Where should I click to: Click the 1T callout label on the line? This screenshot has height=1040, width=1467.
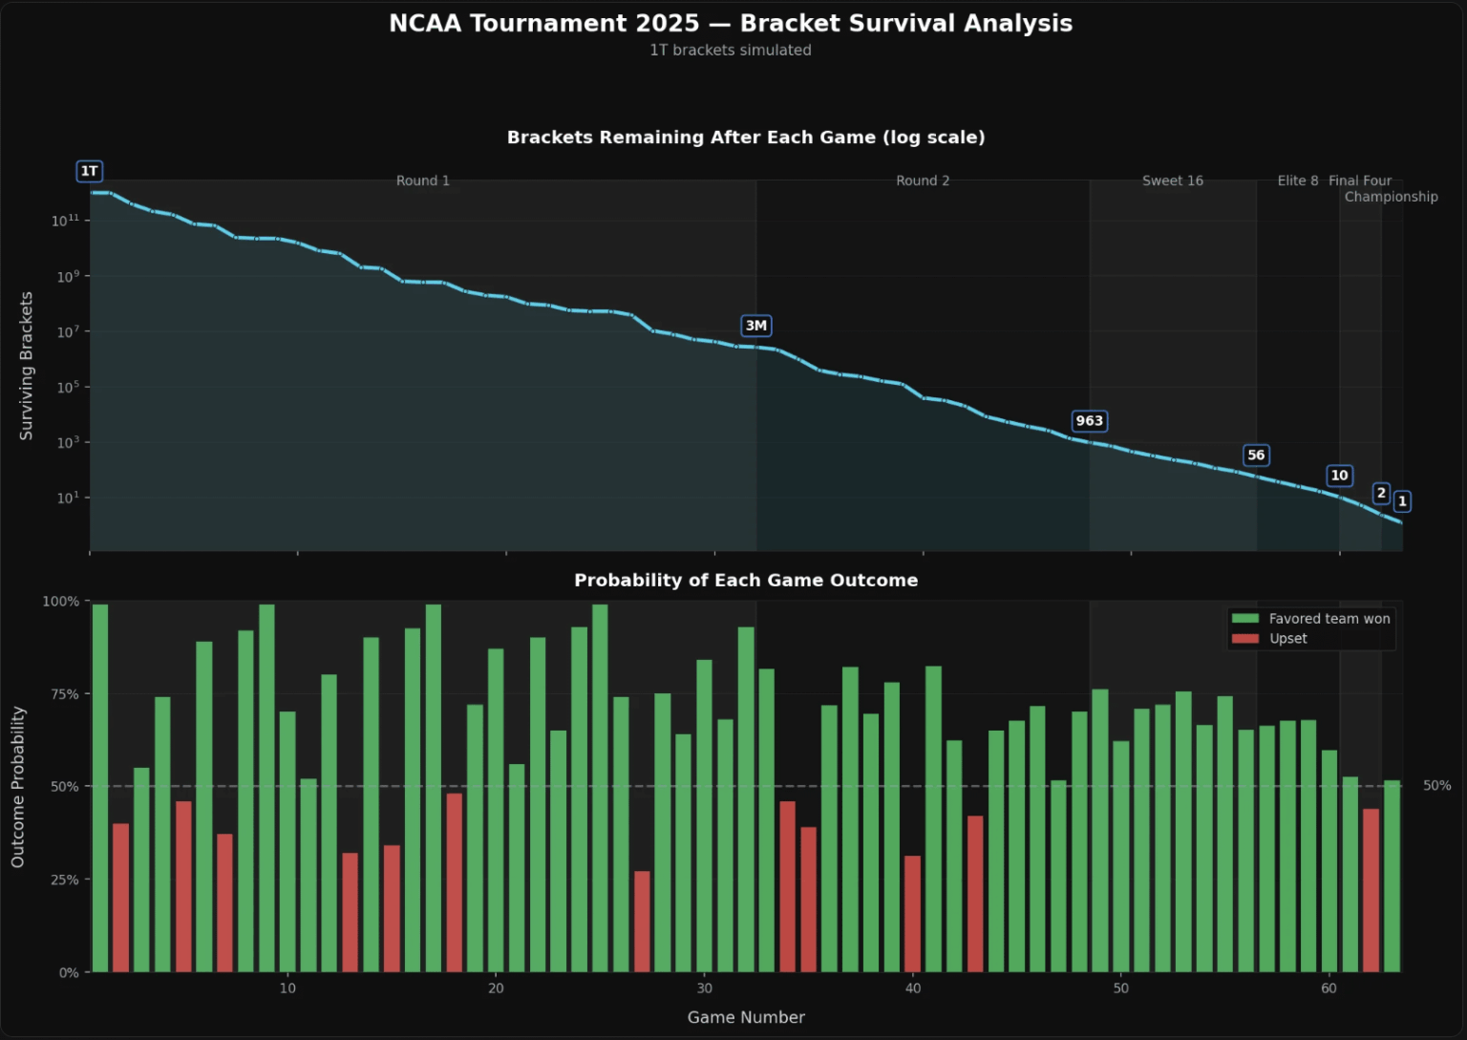[89, 171]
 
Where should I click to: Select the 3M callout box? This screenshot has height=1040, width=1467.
[755, 326]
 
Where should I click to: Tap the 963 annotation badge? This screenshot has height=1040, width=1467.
[1089, 421]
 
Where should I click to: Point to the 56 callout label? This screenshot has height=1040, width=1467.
[1256, 456]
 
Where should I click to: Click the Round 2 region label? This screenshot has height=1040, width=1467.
[923, 180]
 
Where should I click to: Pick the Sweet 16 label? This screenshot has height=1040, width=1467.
[1172, 180]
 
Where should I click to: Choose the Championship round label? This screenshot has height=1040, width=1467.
[1391, 197]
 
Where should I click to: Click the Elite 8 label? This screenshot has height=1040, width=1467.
[1297, 180]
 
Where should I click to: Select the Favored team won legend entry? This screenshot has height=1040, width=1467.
[1310, 619]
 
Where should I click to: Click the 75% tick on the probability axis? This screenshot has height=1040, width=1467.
[65, 694]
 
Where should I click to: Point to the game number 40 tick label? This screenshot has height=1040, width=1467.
[913, 988]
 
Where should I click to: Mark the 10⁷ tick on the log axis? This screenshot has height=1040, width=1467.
[66, 331]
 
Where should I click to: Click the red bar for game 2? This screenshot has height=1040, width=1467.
[120, 898]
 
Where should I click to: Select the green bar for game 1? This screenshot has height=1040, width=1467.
[100, 788]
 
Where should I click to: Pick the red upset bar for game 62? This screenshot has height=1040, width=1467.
[1371, 890]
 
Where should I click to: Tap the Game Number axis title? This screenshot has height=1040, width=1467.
[746, 1017]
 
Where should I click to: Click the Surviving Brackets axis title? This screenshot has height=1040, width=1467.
[27, 366]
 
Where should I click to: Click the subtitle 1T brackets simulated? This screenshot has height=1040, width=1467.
[731, 50]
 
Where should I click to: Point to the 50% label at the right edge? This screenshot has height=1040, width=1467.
[1436, 786]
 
